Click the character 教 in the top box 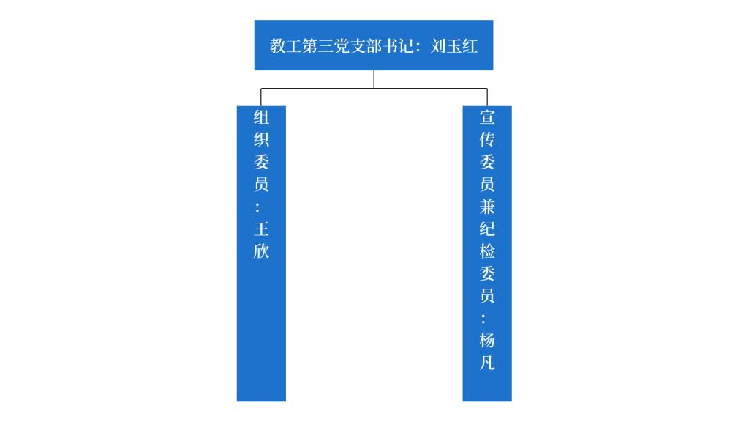click(x=278, y=46)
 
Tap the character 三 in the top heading click(x=328, y=46)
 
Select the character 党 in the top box click(x=345, y=46)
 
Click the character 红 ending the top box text click(x=471, y=46)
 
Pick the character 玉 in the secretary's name click(x=455, y=46)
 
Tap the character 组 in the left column click(x=261, y=117)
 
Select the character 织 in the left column click(x=261, y=139)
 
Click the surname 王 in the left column click(x=261, y=229)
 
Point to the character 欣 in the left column click(x=261, y=251)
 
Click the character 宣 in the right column click(x=487, y=117)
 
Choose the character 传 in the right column click(x=487, y=139)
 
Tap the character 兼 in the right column click(x=487, y=207)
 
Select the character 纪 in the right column click(x=487, y=229)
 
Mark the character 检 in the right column click(x=487, y=251)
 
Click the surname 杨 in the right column click(x=487, y=341)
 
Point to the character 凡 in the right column click(x=487, y=363)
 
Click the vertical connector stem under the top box click(x=374, y=79)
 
